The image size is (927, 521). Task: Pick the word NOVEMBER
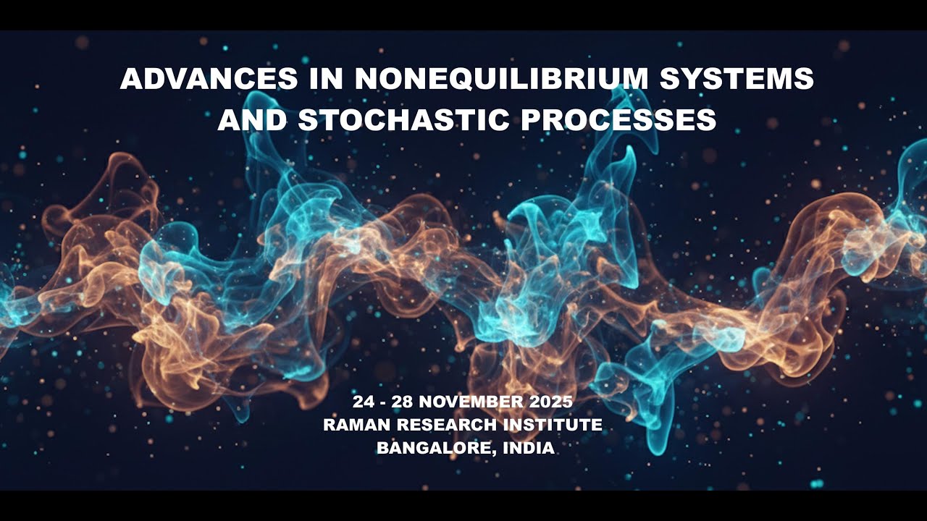(x=472, y=402)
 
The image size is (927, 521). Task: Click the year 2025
(x=550, y=402)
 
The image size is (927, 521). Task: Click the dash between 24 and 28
(x=383, y=402)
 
